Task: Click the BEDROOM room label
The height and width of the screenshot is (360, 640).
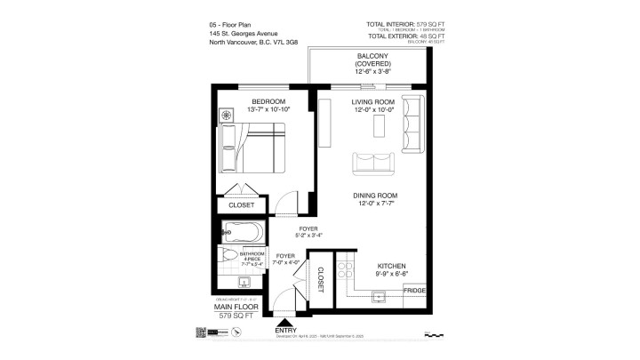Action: pyautogui.click(x=268, y=102)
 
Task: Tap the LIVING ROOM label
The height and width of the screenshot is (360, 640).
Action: pyautogui.click(x=372, y=102)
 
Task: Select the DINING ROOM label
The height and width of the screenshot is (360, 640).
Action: pyautogui.click(x=376, y=196)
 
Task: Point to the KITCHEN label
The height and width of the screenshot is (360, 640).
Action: pyautogui.click(x=391, y=266)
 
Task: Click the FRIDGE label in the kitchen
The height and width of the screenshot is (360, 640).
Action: pyautogui.click(x=414, y=292)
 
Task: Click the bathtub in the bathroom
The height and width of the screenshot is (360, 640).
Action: pyautogui.click(x=240, y=234)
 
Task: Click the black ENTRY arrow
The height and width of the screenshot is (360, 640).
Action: pyautogui.click(x=284, y=324)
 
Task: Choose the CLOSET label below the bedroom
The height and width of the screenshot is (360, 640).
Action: pyautogui.click(x=241, y=205)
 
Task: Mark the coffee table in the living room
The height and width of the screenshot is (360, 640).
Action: pyautogui.click(x=380, y=126)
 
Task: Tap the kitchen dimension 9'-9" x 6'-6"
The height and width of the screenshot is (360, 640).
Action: pyautogui.click(x=391, y=275)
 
